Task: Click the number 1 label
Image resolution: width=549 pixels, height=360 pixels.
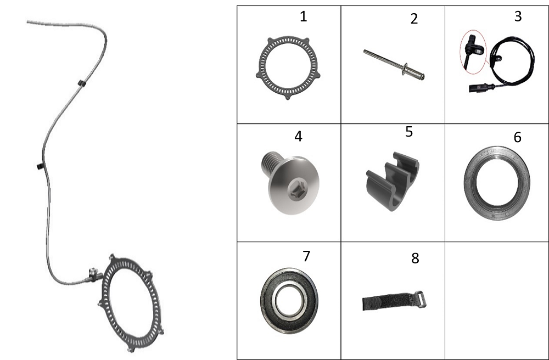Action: (x=303, y=16)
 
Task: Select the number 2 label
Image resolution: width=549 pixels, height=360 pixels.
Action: (x=414, y=19)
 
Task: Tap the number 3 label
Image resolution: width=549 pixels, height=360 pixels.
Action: (x=518, y=16)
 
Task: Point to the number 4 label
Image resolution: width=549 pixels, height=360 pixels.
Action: (x=298, y=137)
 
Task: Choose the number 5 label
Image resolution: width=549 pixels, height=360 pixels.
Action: (x=409, y=132)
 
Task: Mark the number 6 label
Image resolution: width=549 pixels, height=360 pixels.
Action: (x=518, y=137)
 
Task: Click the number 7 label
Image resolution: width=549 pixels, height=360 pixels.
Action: (x=306, y=256)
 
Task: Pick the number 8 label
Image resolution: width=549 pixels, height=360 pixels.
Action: (x=415, y=258)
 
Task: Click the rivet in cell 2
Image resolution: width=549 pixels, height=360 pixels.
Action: (x=394, y=64)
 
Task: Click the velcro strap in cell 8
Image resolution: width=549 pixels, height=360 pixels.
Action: (x=394, y=301)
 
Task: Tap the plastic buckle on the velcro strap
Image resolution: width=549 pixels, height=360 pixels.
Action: (x=421, y=299)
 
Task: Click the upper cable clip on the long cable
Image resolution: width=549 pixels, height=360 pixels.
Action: (x=82, y=83)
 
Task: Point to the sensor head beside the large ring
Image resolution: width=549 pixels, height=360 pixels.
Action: (x=93, y=274)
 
